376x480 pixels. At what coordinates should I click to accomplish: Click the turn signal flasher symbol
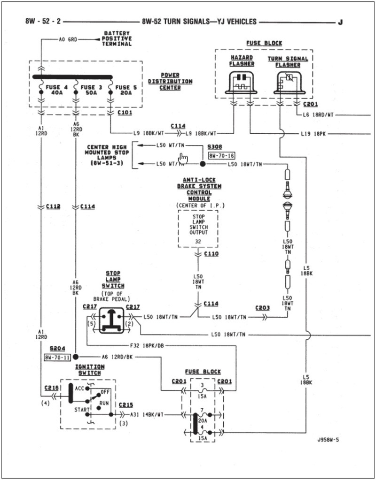288,83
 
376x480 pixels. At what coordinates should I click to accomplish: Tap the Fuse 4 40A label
56,90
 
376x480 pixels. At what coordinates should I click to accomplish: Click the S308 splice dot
203,164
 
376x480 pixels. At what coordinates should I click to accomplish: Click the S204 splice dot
75,357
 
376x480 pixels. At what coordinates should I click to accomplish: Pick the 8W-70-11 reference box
57,357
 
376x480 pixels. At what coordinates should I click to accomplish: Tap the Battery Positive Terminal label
117,38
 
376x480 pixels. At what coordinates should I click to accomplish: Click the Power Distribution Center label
170,81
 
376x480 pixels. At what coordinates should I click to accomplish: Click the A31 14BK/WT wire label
147,415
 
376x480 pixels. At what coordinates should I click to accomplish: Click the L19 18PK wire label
313,134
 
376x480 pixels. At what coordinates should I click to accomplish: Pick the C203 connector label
262,308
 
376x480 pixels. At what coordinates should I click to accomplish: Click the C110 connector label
211,254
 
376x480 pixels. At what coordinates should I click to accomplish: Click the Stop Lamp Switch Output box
198,228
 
